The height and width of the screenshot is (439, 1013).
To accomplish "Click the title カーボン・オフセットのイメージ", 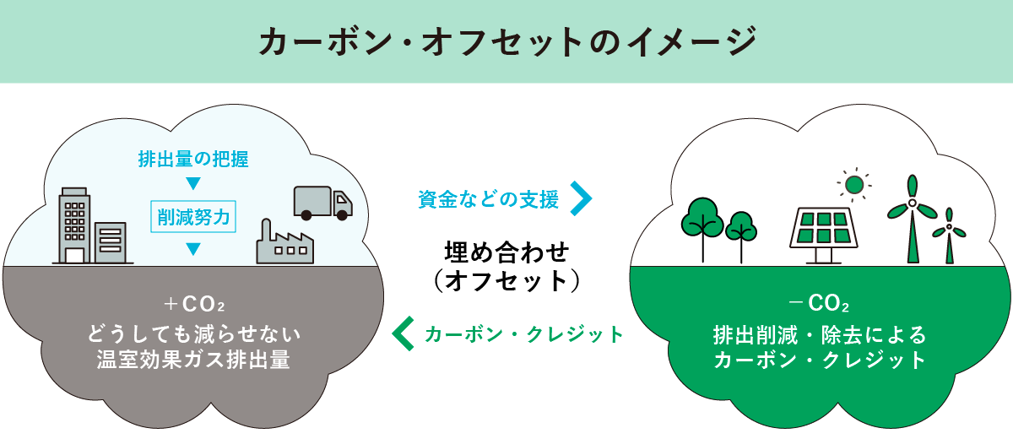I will click(506, 42).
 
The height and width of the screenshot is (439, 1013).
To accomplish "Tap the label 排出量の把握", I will click(193, 158).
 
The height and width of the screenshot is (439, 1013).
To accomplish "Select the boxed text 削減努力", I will click(193, 216).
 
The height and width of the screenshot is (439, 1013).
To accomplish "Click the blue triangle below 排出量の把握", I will click(193, 184).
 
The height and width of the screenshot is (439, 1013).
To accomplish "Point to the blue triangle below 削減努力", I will click(193, 249).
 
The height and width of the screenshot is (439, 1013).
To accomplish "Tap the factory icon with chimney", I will click(284, 243).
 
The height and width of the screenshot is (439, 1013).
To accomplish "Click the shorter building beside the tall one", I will click(111, 243).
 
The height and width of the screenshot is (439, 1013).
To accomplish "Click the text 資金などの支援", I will click(489, 199).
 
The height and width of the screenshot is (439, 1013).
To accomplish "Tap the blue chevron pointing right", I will click(582, 198).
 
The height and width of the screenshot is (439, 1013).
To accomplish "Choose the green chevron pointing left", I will click(405, 333).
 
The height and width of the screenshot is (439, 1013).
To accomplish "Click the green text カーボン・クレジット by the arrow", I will click(523, 334).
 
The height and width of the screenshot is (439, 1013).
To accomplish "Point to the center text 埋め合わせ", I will click(507, 252).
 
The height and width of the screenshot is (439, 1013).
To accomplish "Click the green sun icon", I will click(854, 184).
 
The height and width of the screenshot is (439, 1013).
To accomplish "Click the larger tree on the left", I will click(702, 224).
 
